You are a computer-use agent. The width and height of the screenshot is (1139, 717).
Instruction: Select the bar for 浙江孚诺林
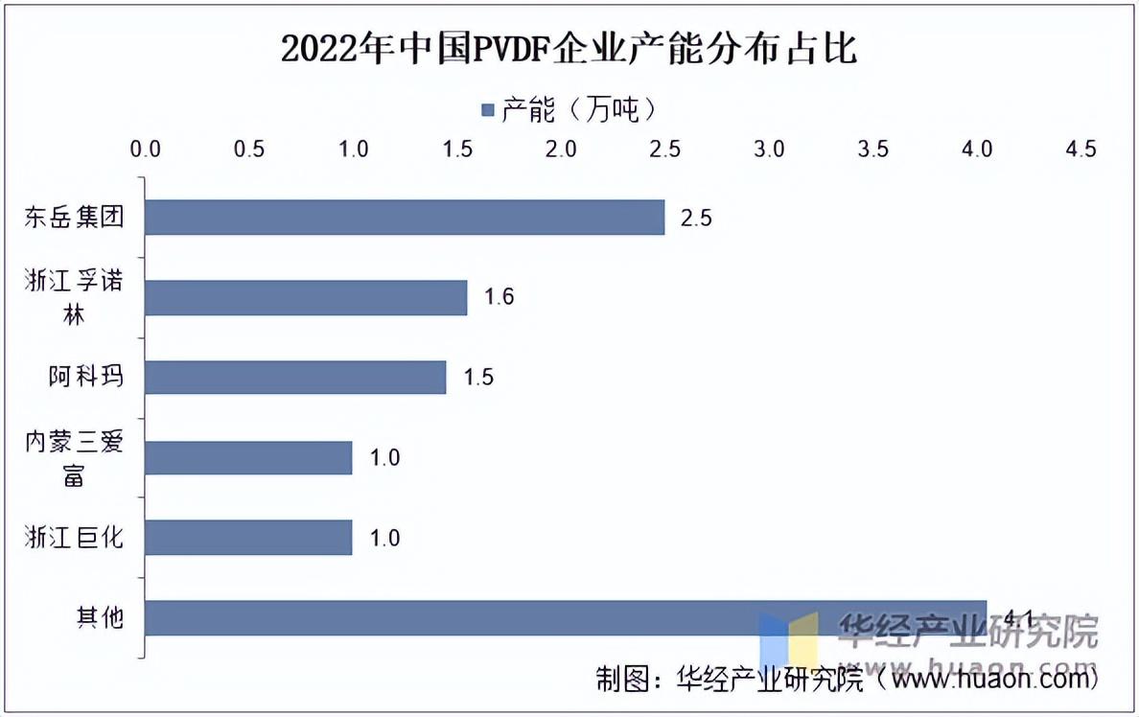tap(306, 297)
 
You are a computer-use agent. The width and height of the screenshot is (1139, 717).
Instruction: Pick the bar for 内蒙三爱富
tap(248, 458)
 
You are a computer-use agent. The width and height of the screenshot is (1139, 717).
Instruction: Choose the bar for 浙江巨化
tap(248, 538)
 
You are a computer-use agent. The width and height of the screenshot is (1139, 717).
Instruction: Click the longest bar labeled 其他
tap(566, 617)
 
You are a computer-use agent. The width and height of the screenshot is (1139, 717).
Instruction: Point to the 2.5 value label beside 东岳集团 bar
tap(696, 218)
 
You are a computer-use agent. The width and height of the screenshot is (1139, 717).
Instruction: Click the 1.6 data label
tap(499, 297)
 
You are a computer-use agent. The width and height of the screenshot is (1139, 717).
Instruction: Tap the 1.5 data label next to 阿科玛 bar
tap(477, 378)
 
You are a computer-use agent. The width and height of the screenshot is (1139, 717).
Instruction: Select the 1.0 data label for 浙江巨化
tap(384, 538)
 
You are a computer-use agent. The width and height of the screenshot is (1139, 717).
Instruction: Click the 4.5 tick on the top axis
tap(1081, 150)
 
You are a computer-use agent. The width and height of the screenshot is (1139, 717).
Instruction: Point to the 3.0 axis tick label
tap(769, 150)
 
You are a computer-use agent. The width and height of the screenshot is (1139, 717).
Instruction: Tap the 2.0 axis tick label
tap(561, 150)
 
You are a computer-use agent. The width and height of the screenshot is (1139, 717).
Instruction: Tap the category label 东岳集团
tap(74, 218)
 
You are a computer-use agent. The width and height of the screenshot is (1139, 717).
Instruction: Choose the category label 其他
tap(100, 617)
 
